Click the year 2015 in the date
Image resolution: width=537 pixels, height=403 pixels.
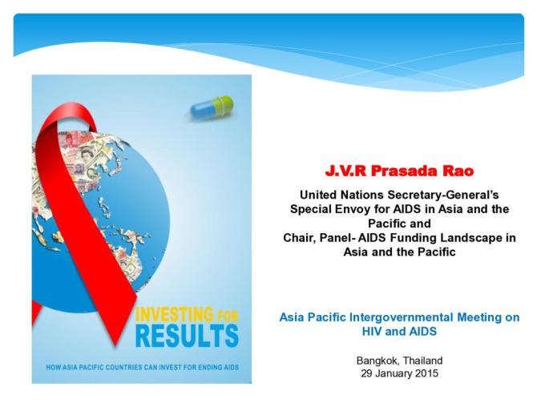425,374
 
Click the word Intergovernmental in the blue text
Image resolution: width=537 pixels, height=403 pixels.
396,317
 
